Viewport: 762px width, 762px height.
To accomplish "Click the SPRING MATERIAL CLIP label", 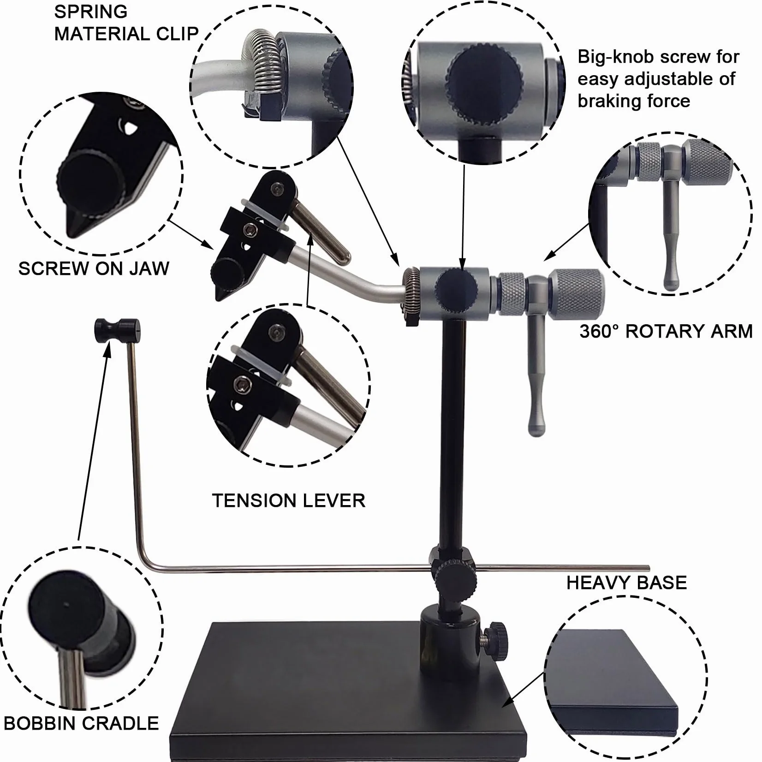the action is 126,23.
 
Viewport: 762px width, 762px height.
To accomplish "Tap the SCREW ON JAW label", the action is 94,268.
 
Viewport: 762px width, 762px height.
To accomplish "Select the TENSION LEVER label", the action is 289,500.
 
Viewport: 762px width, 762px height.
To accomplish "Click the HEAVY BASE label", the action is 626,583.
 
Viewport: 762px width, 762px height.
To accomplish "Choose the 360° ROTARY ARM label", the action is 666,331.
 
